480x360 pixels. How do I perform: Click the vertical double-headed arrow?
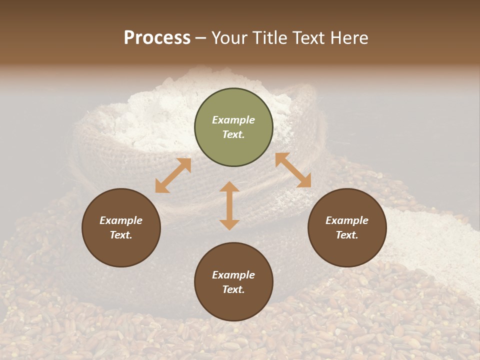[229, 206]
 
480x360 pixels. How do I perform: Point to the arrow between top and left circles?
[173, 175]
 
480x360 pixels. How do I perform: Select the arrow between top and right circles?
[293, 170]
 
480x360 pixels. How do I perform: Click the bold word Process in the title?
[157, 37]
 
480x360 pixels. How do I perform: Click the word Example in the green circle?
[233, 120]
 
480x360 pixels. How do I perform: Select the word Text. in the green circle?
[233, 134]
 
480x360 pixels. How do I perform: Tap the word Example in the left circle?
[121, 220]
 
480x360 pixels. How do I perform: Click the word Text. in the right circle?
[347, 235]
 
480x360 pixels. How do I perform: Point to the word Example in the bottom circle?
[233, 275]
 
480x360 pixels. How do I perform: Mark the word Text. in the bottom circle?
[233, 289]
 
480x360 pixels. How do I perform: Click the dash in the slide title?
[201, 38]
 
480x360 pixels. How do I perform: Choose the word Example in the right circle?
[347, 220]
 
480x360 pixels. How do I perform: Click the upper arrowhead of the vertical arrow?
[229, 187]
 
